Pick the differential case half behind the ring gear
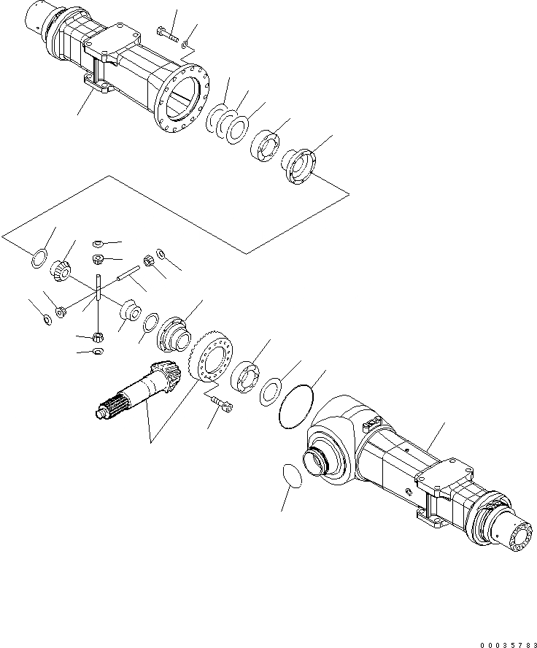[x=176, y=333]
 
